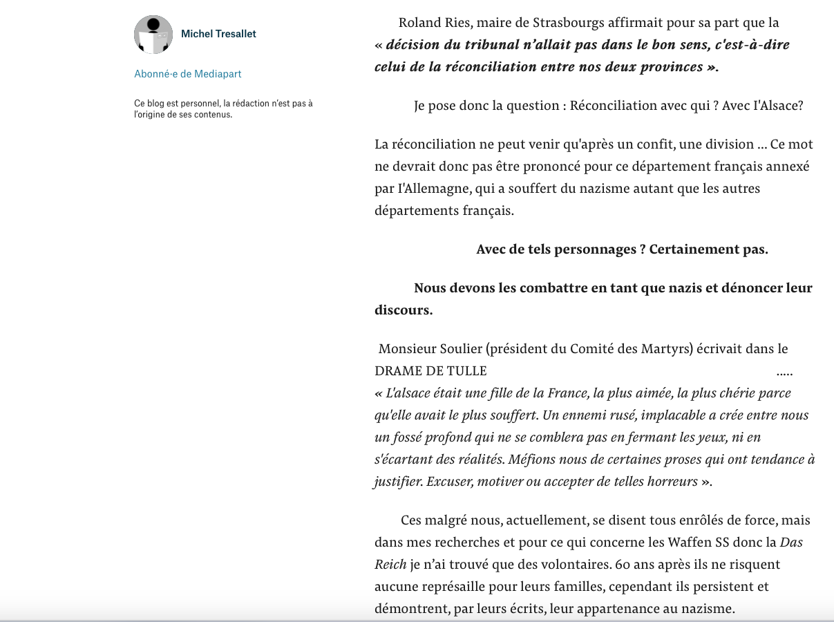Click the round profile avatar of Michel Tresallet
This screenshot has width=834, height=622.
tap(153, 35)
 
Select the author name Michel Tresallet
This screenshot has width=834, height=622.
tap(218, 34)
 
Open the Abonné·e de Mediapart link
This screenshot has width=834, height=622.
tap(188, 74)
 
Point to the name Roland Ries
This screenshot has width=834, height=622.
tap(434, 23)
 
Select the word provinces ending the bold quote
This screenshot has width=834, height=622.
tap(664, 67)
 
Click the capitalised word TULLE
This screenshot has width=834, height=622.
tap(469, 371)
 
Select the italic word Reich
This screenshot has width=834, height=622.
tap(390, 565)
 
